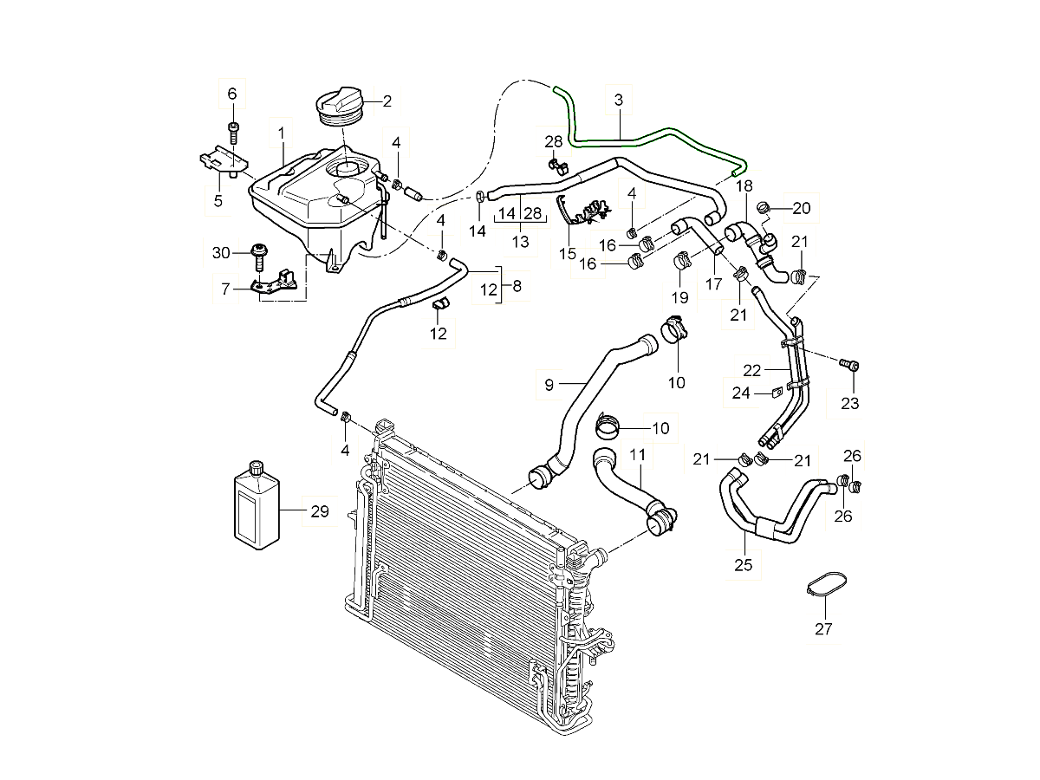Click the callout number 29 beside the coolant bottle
[319, 512]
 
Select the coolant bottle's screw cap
[256, 468]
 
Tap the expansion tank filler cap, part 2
[343, 107]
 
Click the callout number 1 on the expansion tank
[281, 133]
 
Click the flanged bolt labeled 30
[259, 253]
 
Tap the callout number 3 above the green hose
[619, 101]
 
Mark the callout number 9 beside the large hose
[549, 385]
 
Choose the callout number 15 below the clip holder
[568, 253]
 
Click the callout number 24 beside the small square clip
[740, 393]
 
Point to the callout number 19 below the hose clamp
[679, 297]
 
